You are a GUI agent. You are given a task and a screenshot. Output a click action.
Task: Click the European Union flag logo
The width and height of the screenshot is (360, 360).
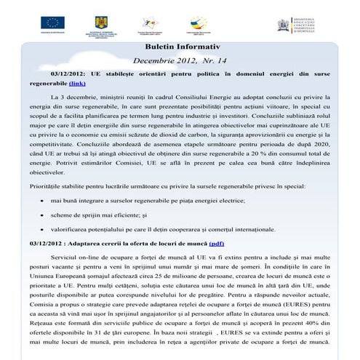click(x=52, y=22)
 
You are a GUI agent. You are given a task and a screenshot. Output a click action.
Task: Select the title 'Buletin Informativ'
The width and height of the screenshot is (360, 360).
click(x=179, y=47)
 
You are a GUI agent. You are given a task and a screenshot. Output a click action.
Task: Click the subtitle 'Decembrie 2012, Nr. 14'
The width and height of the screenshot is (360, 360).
click(x=179, y=61)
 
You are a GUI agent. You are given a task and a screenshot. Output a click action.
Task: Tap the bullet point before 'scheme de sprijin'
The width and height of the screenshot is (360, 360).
click(x=41, y=215)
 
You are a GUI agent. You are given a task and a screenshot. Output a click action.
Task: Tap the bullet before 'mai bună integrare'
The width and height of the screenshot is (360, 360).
click(x=41, y=199)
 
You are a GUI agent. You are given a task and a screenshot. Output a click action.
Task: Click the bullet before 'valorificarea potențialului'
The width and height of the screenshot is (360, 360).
click(x=41, y=229)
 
